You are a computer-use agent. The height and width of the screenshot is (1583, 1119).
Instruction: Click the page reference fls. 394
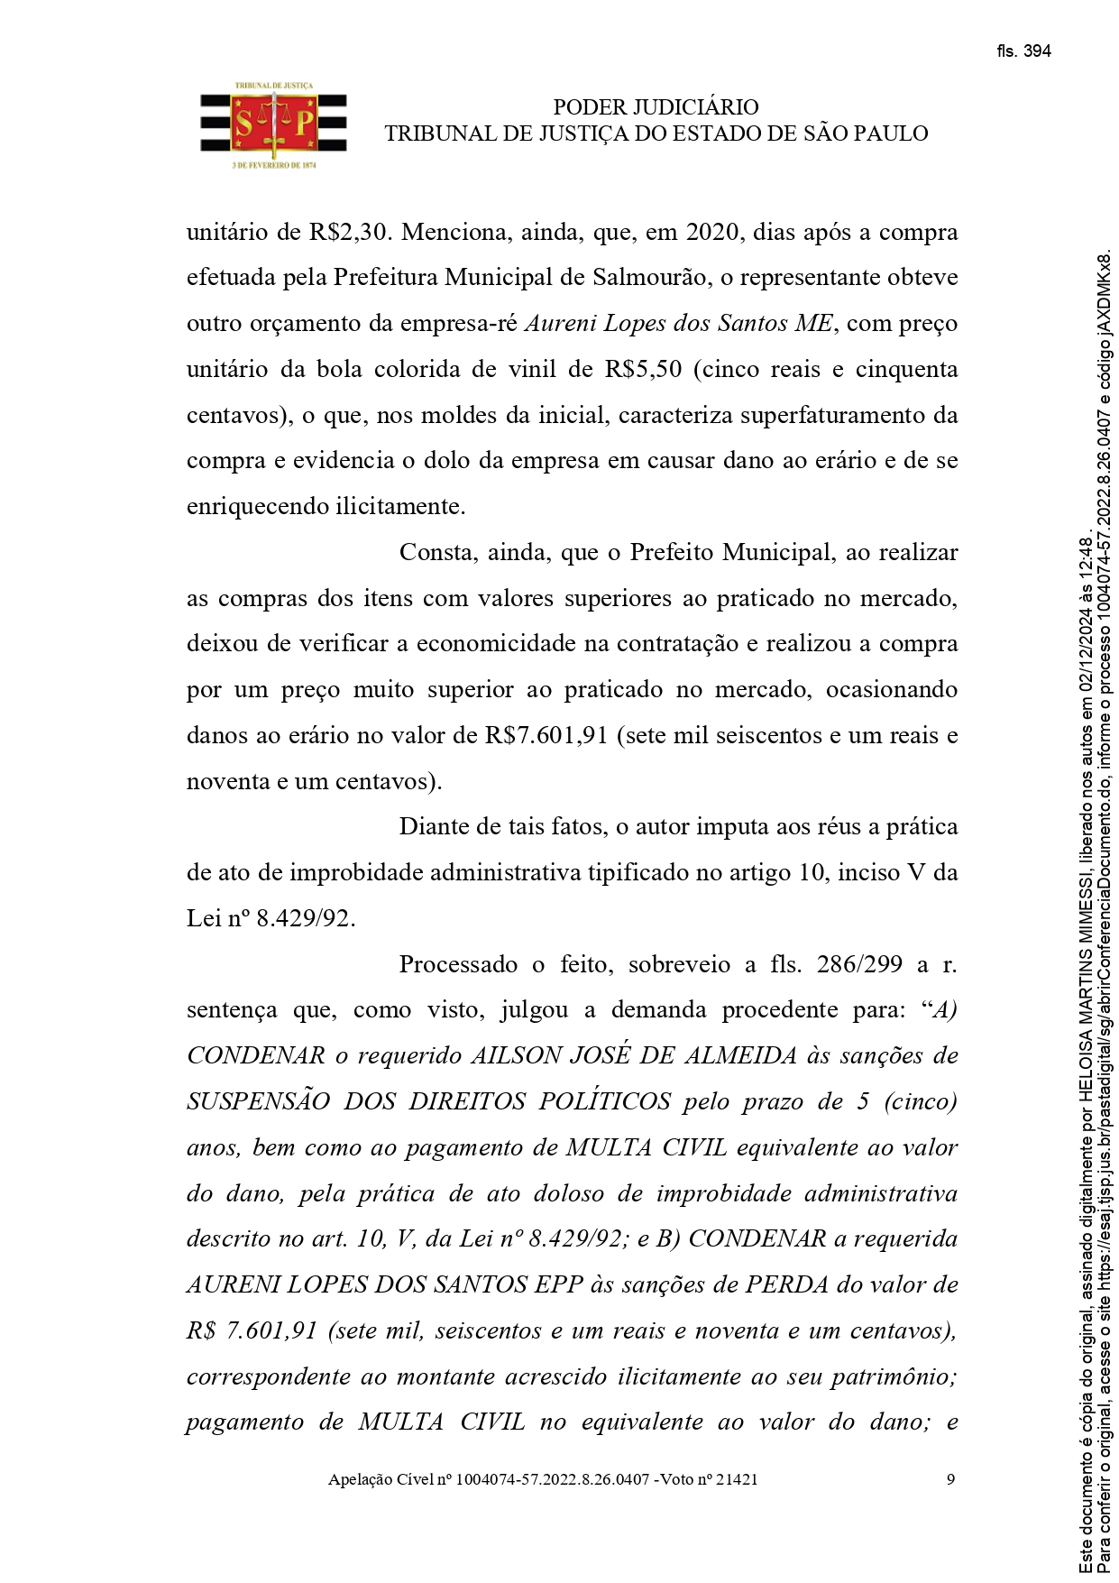tap(1023, 51)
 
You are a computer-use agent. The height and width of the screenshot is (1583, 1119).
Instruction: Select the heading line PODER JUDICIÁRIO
tap(656, 107)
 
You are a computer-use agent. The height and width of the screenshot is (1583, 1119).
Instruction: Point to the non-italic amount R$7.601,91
tap(546, 735)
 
